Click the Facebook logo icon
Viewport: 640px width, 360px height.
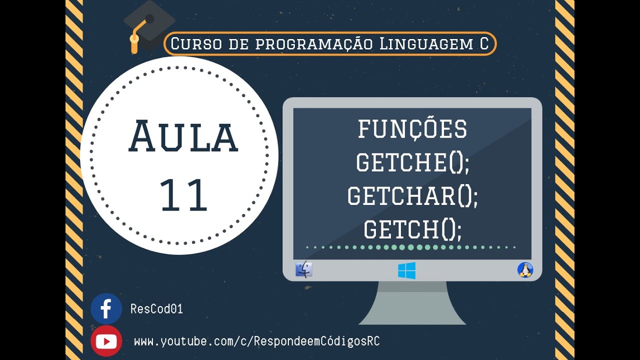pyautogui.click(x=106, y=308)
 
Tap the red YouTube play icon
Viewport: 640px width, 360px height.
pyautogui.click(x=106, y=341)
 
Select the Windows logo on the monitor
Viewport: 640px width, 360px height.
pyautogui.click(x=406, y=270)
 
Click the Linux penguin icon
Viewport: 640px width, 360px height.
pyautogui.click(x=525, y=270)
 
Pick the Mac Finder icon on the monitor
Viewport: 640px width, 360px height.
pyautogui.click(x=304, y=270)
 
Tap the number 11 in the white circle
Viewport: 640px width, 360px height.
pyautogui.click(x=183, y=195)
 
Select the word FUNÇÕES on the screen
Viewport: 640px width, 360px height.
pyautogui.click(x=412, y=129)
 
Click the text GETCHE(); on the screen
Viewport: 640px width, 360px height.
pyautogui.click(x=412, y=162)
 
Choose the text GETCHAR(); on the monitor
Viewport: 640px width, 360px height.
pyautogui.click(x=412, y=196)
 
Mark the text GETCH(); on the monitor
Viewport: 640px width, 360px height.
pyautogui.click(x=412, y=229)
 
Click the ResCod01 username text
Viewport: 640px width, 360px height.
pyautogui.click(x=156, y=309)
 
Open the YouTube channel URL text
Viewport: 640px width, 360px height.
pyautogui.click(x=256, y=341)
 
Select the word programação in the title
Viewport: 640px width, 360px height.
pyautogui.click(x=314, y=44)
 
